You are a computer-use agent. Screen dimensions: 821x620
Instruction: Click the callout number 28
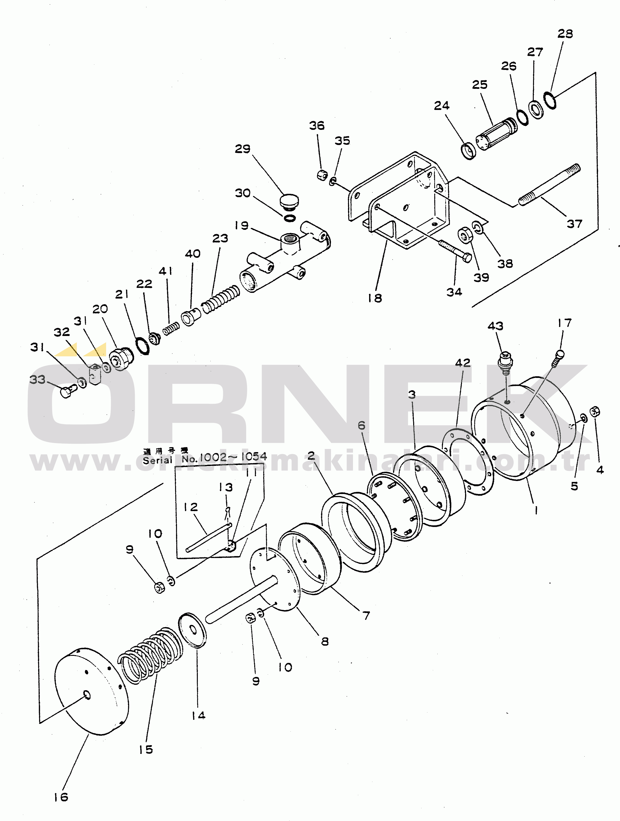565,34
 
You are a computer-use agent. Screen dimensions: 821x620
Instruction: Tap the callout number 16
61,797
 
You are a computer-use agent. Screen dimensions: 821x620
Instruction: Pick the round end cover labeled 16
91,690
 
